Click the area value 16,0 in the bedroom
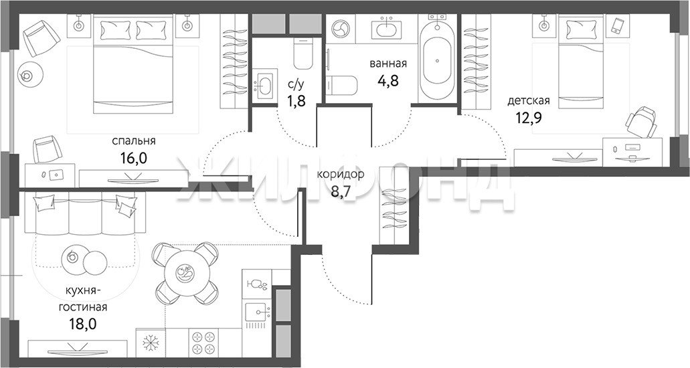(x=133, y=158)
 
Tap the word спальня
(x=134, y=141)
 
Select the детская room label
(x=529, y=101)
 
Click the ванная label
(x=387, y=64)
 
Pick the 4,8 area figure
(x=387, y=81)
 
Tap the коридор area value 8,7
(x=340, y=193)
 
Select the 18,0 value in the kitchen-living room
(x=83, y=324)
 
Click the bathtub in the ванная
(x=438, y=58)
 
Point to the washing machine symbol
(x=340, y=29)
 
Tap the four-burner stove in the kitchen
(x=204, y=342)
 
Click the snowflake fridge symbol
(x=151, y=342)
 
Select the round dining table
(x=186, y=274)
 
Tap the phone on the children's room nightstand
(x=617, y=25)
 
